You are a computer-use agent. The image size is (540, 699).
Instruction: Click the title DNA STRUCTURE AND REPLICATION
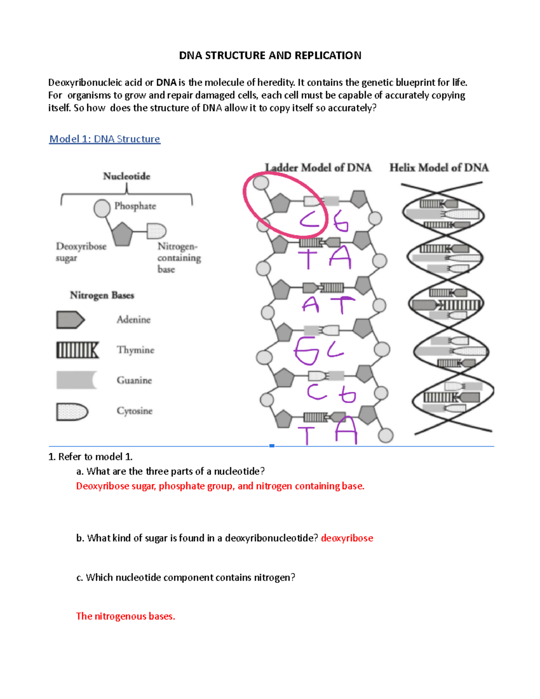pyautogui.click(x=270, y=55)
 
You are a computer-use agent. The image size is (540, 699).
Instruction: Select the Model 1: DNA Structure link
pyautogui.click(x=104, y=139)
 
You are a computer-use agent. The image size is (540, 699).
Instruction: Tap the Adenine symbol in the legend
pyautogui.click(x=70, y=320)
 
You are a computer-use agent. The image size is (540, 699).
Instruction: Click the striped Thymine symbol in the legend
pyautogui.click(x=77, y=350)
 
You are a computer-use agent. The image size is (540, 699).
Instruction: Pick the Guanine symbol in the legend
pyautogui.click(x=76, y=380)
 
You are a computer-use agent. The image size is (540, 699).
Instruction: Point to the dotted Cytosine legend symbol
pyautogui.click(x=72, y=411)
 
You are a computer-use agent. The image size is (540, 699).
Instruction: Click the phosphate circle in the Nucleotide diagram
pyautogui.click(x=102, y=208)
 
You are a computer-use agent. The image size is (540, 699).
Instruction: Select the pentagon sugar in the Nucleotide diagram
pyautogui.click(x=122, y=234)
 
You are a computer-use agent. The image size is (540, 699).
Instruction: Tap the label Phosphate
pyautogui.click(x=135, y=206)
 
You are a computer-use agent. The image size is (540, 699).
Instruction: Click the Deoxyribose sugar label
pyautogui.click(x=81, y=252)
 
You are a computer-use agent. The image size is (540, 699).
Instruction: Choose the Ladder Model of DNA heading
pyautogui.click(x=318, y=168)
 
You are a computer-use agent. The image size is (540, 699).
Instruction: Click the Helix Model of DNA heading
pyautogui.click(x=439, y=168)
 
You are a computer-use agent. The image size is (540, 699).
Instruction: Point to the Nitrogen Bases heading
pyautogui.click(x=102, y=295)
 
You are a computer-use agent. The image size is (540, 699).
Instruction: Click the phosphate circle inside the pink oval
pyautogui.click(x=261, y=183)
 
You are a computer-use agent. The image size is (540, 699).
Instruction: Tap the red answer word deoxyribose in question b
pyautogui.click(x=347, y=538)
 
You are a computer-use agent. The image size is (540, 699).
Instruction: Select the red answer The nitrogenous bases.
pyautogui.click(x=126, y=616)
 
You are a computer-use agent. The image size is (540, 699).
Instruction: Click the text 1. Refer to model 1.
pyautogui.click(x=90, y=457)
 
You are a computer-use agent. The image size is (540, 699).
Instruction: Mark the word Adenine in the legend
pyautogui.click(x=133, y=320)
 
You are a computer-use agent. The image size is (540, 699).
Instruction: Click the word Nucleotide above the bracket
pyautogui.click(x=126, y=176)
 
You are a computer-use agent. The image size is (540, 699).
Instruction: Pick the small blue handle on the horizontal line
pyautogui.click(x=272, y=446)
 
